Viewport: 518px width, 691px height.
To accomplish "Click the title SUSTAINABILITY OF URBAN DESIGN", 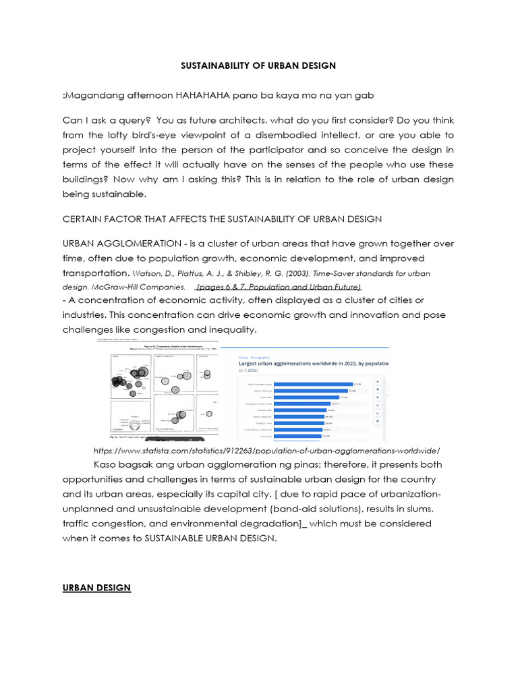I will tap(259, 65).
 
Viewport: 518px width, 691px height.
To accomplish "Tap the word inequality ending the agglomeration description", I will tap(229, 329).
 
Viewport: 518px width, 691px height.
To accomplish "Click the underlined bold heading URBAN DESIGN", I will tap(96, 588).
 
